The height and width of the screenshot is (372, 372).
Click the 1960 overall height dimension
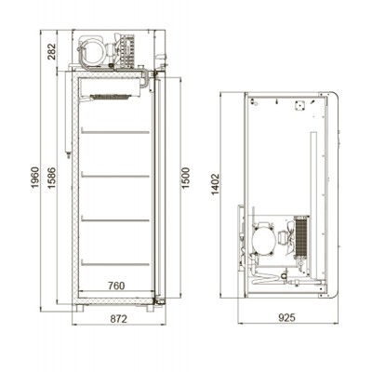point(35,177)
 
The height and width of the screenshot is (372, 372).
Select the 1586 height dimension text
point(51,178)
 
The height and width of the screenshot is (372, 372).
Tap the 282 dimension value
point(51,51)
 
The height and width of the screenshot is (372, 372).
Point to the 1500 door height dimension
point(185,178)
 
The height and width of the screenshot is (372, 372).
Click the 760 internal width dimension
point(116,286)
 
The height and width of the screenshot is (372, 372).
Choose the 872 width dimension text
point(119,318)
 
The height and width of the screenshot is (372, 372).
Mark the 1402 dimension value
point(215,184)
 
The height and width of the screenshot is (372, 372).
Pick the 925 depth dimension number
point(286,317)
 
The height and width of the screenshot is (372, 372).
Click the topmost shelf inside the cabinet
point(115,131)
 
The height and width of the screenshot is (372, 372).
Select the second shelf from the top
point(115,176)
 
